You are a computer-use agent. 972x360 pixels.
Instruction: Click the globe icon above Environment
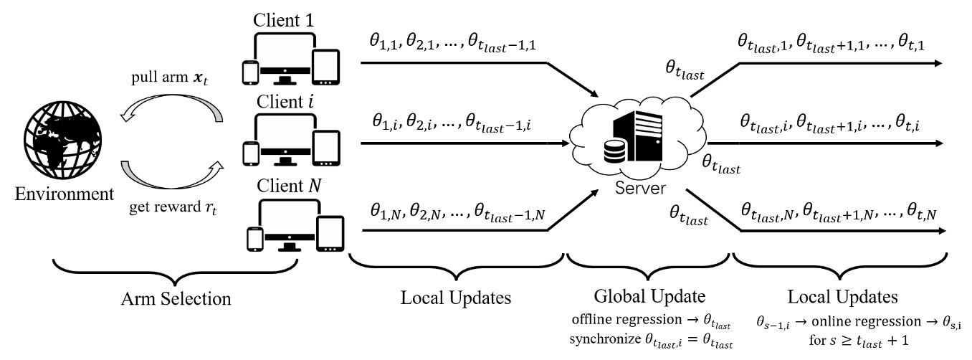(x=63, y=140)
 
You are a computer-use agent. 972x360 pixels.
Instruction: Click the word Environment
(x=65, y=194)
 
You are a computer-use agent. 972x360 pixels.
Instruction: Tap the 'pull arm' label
(x=170, y=77)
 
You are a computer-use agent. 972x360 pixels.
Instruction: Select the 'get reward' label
(x=173, y=207)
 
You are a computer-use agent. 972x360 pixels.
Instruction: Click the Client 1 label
(x=283, y=20)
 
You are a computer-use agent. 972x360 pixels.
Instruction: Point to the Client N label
(x=289, y=186)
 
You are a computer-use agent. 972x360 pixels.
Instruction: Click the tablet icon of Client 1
(x=326, y=67)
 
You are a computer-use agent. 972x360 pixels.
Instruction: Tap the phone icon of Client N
(x=255, y=239)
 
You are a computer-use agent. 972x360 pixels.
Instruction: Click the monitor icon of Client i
(x=285, y=140)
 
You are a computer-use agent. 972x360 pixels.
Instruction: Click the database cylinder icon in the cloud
(x=615, y=151)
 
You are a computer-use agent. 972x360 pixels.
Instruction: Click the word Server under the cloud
(x=641, y=188)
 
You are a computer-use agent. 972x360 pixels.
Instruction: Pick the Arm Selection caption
(x=176, y=299)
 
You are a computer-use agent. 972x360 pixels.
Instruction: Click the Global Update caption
(x=649, y=296)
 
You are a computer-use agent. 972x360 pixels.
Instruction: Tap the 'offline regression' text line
(x=651, y=320)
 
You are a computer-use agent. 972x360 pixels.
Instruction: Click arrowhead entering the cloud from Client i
(x=565, y=143)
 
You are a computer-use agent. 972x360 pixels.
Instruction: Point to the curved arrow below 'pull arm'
(x=171, y=108)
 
